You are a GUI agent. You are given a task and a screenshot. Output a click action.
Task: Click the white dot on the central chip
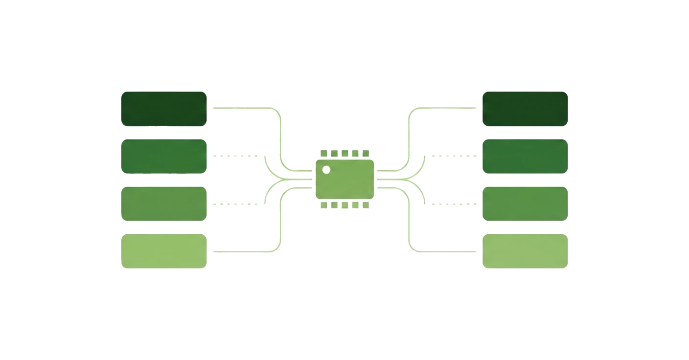[x=326, y=170]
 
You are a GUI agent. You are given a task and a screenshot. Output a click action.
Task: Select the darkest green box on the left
[x=164, y=109]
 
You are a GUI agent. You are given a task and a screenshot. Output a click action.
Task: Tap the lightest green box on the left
[x=164, y=251]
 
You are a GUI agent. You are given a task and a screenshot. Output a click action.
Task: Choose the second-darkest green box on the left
[x=164, y=157]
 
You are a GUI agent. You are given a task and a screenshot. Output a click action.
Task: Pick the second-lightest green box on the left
[x=164, y=204]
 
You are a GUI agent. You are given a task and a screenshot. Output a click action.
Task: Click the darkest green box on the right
[x=525, y=109]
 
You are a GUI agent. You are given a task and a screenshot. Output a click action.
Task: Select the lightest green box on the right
[x=525, y=251]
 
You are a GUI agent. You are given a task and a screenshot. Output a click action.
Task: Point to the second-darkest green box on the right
[x=525, y=156]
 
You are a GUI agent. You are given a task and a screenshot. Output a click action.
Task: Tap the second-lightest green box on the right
[x=525, y=203]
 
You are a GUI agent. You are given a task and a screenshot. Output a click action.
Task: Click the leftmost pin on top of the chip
[x=323, y=154]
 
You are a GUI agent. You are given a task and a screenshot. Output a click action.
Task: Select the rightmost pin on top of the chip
[x=366, y=154]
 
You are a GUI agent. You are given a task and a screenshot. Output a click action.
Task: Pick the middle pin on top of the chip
[x=344, y=154]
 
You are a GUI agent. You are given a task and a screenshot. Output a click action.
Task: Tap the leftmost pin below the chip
[x=323, y=205]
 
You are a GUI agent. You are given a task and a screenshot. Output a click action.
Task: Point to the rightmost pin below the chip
[x=366, y=205]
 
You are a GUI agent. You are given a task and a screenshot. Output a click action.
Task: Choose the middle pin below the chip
[x=344, y=205]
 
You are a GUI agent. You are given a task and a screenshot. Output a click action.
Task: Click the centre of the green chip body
[x=344, y=180]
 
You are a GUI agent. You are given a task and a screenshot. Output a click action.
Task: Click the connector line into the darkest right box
[x=445, y=107]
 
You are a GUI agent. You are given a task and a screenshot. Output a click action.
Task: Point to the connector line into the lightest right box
[x=445, y=252]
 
